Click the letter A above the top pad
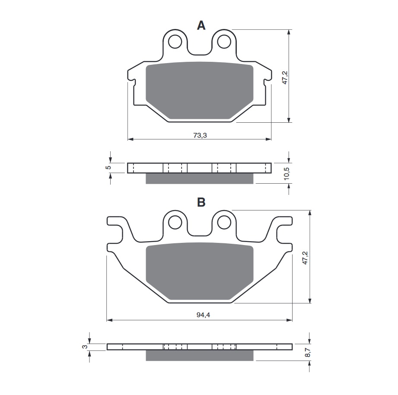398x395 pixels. pos(201,25)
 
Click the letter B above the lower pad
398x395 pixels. pos(201,202)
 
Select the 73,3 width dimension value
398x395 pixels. pos(200,135)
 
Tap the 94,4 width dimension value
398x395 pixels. pos(203,315)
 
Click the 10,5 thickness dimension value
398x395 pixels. pos(287,174)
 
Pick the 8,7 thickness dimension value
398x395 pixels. pos(307,352)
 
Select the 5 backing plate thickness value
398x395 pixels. pos(108,168)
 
